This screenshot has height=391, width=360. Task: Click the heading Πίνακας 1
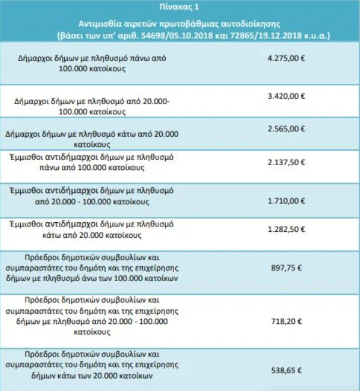coord(179,7)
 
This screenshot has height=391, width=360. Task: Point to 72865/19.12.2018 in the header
coord(270,36)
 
